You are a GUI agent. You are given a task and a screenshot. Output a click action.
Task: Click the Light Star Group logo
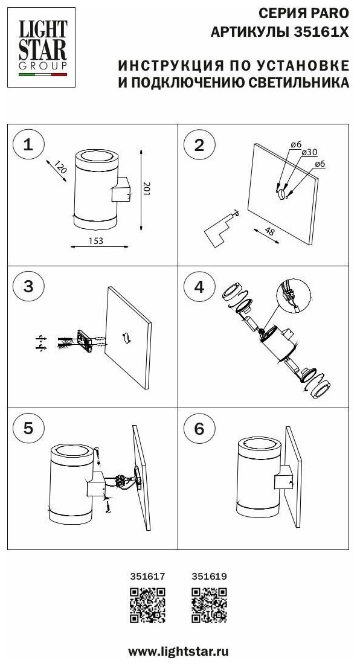[x=41, y=48]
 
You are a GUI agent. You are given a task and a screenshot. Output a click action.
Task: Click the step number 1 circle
[x=28, y=146]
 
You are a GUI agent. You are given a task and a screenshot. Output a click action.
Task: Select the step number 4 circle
[x=199, y=287]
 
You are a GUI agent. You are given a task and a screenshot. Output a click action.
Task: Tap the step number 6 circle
[x=199, y=429]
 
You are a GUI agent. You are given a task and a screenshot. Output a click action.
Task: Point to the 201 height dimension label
[x=146, y=188]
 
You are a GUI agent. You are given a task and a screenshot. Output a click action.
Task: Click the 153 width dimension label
[x=95, y=241]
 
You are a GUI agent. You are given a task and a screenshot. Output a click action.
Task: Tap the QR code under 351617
[x=147, y=605]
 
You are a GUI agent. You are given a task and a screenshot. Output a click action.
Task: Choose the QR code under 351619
[x=209, y=605]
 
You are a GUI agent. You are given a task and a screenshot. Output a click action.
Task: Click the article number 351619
[x=209, y=577]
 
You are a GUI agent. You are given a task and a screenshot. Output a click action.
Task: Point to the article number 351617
[x=147, y=577]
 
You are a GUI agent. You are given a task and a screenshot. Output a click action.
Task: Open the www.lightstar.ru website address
[x=179, y=652]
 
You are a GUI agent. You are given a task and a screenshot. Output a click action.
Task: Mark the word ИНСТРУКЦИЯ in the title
[x=171, y=65]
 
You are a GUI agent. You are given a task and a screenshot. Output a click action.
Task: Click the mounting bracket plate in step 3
[x=84, y=342]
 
